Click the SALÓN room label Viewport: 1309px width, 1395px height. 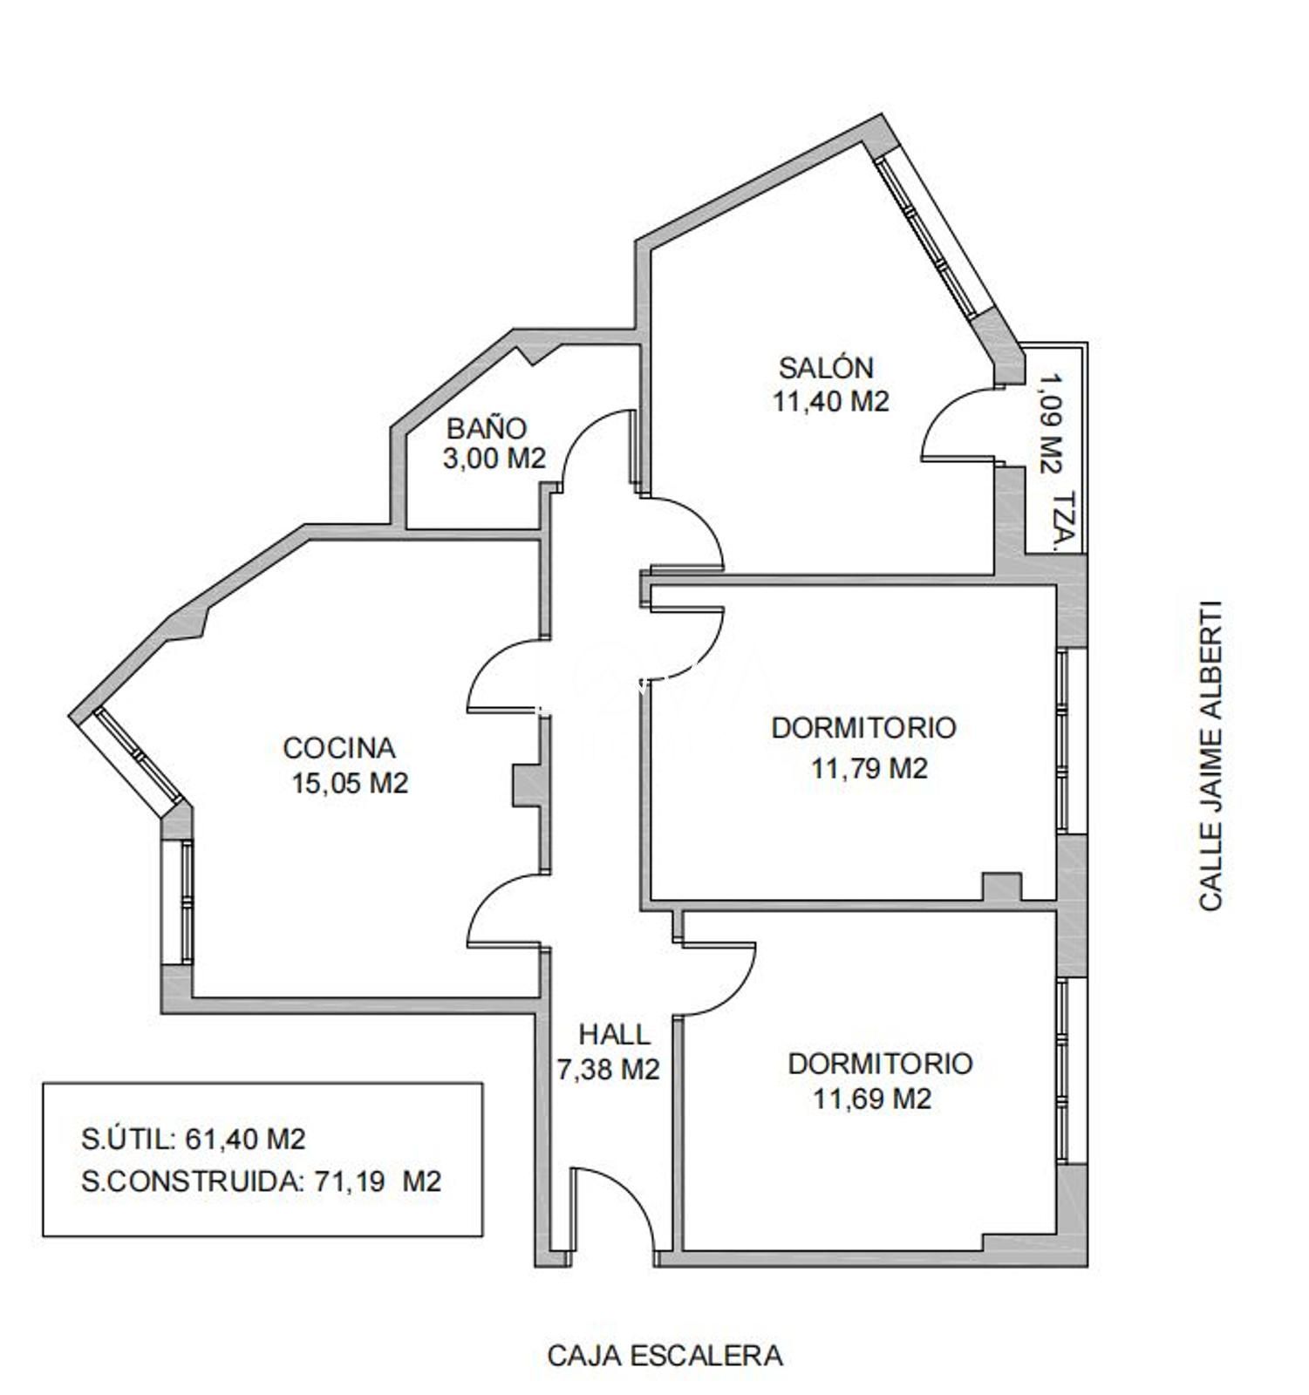tap(826, 368)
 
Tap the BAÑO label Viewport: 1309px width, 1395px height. tap(487, 428)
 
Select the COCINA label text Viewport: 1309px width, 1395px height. tap(339, 748)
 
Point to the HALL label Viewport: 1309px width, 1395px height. tap(615, 1035)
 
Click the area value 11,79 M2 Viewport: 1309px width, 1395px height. tap(869, 769)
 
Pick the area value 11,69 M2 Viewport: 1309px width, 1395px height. tap(872, 1099)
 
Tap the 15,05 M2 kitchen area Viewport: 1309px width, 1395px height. tap(350, 783)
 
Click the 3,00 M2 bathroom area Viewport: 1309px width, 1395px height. tap(494, 458)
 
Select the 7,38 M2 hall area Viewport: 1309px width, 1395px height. tap(608, 1069)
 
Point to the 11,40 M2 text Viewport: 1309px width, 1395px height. tap(830, 401)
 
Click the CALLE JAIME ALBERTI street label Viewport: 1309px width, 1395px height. tap(1210, 756)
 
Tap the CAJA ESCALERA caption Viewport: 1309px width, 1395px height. tap(665, 1356)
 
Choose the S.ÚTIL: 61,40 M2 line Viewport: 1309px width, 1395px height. tap(193, 1139)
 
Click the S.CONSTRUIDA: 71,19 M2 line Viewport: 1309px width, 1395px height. tap(261, 1181)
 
